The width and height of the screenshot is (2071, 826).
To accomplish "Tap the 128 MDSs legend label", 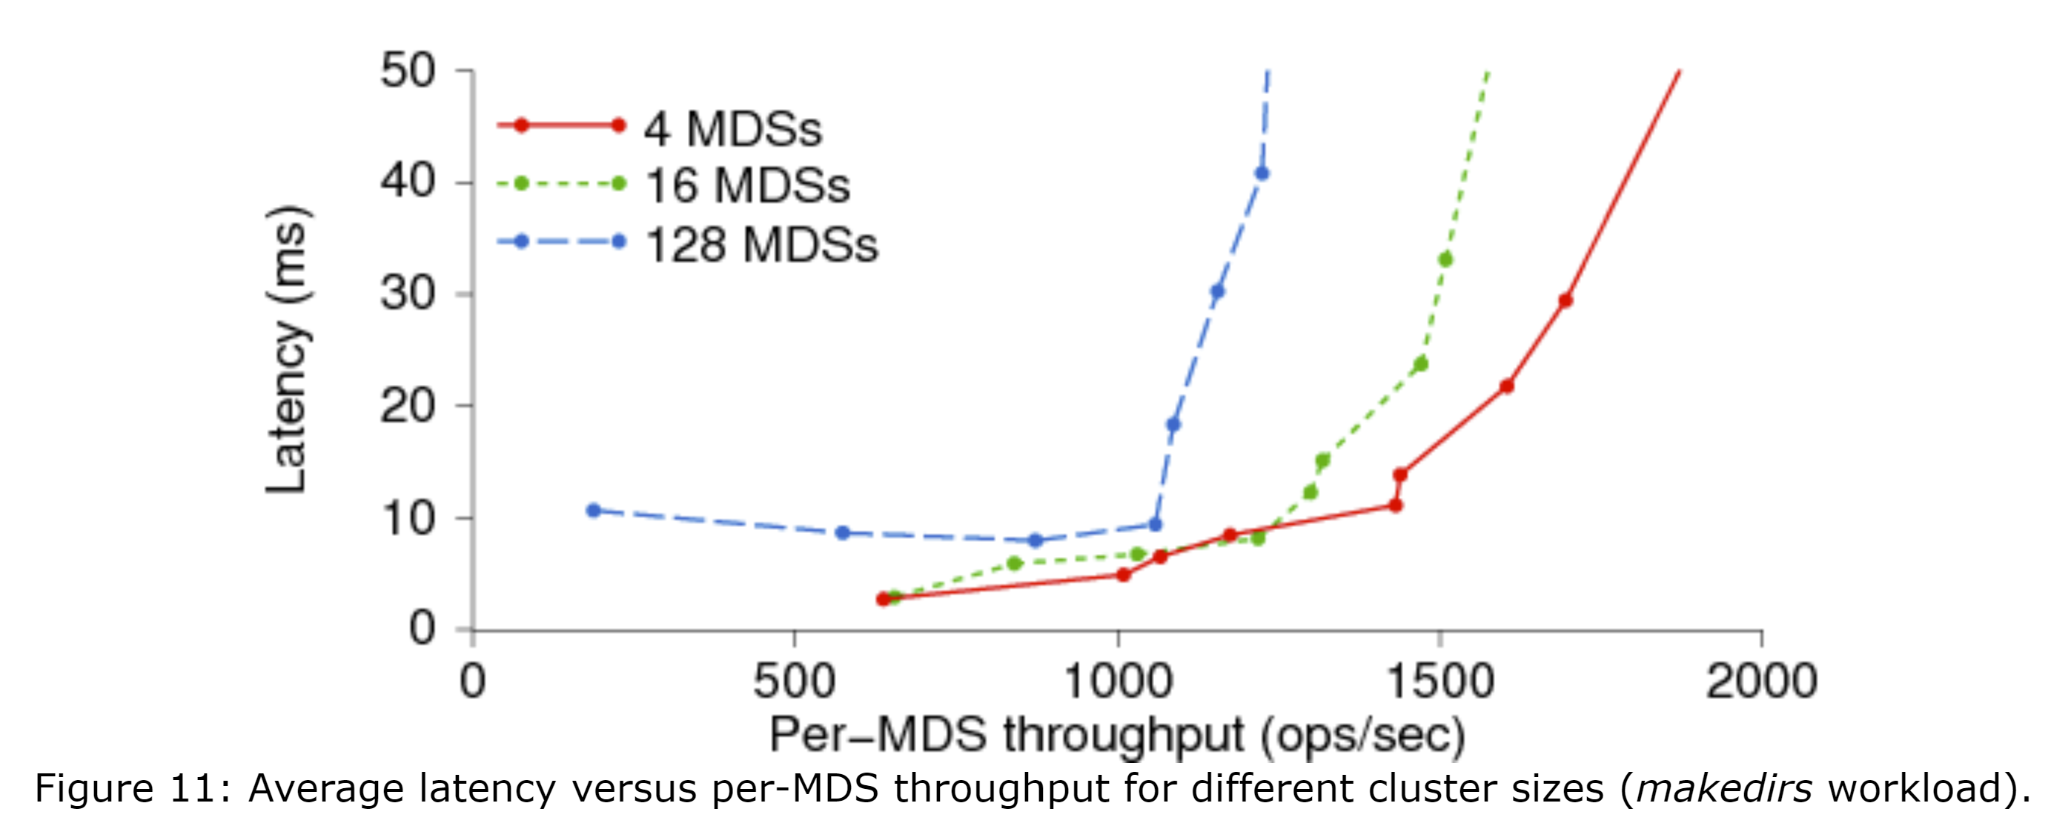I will pos(761,245).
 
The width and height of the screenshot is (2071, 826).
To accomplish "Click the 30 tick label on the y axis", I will pos(408,294).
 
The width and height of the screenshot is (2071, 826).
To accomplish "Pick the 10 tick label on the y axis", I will pos(408,519).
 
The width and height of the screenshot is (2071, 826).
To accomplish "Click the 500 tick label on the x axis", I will pos(794,681).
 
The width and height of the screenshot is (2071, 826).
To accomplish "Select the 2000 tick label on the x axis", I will pos(1760,681).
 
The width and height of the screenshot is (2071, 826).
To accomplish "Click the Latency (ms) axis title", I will pos(287,349).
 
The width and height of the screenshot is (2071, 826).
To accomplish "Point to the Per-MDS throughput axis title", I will pos(1117,734).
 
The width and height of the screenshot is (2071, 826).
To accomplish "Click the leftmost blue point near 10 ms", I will pos(593,510).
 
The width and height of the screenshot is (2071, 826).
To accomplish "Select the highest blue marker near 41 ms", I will pos(1262,173).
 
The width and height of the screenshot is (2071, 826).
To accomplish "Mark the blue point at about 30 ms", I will pos(1217,291).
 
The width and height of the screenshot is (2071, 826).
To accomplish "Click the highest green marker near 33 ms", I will pos(1445,259).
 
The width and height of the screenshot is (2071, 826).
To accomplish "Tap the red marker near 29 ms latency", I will pos(1565,300).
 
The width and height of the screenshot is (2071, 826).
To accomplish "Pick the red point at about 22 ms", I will pos(1506,386).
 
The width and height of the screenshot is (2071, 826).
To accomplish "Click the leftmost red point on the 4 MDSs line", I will pos(883,598).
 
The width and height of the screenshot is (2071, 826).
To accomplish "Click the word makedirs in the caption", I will pos(1723,789).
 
